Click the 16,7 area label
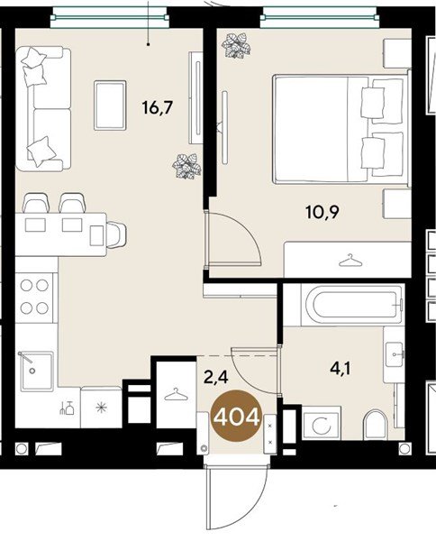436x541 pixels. [157, 107]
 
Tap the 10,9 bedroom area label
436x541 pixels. [322, 212]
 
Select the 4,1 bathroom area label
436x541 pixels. [341, 370]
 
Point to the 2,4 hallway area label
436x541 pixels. [216, 377]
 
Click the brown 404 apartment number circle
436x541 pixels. [236, 416]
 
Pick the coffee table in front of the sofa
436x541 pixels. [110, 105]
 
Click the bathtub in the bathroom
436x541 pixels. [351, 305]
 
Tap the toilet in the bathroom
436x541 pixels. [376, 425]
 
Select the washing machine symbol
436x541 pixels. [321, 423]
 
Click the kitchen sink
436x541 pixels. [36, 371]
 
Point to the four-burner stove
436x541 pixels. [34, 297]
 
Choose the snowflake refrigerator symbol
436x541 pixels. [101, 408]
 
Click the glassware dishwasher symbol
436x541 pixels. [67, 408]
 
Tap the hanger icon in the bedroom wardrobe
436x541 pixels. [350, 261]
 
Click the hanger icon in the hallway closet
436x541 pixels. [177, 394]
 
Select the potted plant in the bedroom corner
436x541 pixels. [236, 45]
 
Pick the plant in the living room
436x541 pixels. [186, 166]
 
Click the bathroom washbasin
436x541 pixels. [394, 354]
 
